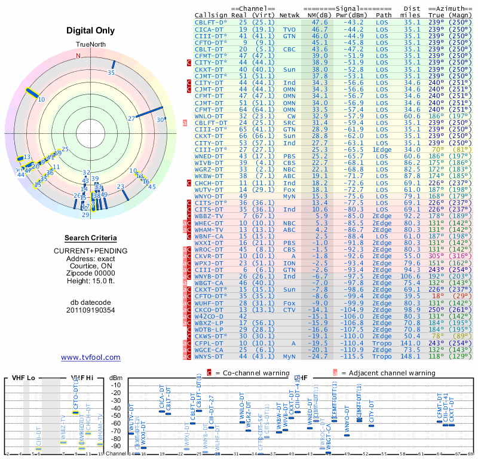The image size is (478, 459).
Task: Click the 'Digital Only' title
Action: (x=91, y=30)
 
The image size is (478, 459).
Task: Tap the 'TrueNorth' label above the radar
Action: (x=91, y=45)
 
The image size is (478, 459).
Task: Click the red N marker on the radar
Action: (x=78, y=56)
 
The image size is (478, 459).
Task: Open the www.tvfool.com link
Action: (x=91, y=357)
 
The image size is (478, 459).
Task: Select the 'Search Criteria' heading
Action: (x=91, y=238)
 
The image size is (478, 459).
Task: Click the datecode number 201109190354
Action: (x=91, y=310)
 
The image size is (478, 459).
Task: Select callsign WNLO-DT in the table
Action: (x=210, y=116)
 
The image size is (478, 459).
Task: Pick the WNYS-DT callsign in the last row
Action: (x=210, y=356)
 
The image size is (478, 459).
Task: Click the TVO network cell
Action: (x=289, y=29)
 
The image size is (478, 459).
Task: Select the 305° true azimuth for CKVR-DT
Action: (x=436, y=256)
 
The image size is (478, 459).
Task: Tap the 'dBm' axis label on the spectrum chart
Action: (x=116, y=378)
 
